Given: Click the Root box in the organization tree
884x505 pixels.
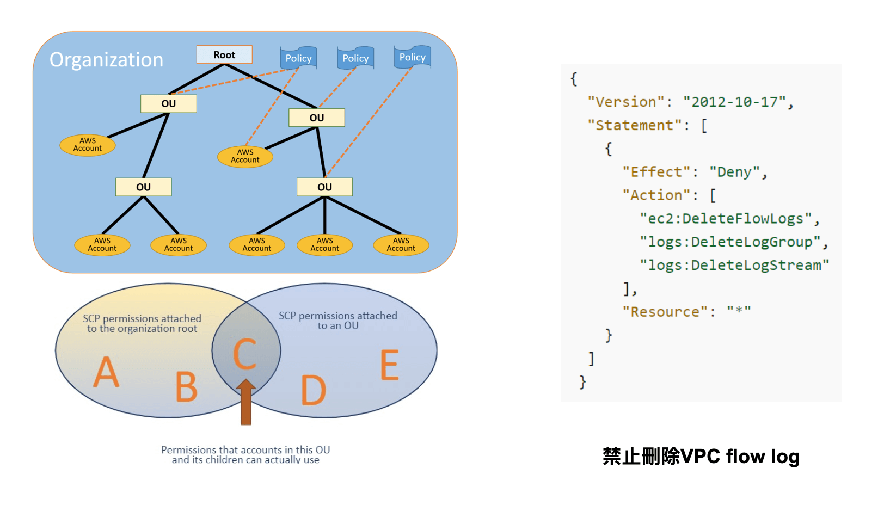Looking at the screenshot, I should (224, 54).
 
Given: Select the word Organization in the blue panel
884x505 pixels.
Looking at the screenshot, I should (106, 60).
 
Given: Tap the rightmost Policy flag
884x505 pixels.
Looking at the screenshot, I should (412, 57).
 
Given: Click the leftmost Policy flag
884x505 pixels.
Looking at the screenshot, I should (298, 58).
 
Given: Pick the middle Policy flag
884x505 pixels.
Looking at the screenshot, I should (355, 58).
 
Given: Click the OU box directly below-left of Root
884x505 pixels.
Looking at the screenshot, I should (168, 103).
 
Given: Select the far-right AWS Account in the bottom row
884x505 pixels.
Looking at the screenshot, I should (401, 244).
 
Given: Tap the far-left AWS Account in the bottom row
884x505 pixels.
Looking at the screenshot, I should (102, 244).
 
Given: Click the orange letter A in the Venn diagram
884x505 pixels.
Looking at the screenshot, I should (106, 373).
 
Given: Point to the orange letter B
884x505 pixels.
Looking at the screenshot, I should (186, 387).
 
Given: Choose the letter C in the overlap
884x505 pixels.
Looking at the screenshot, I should (245, 354).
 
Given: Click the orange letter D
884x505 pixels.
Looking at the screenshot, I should (314, 390).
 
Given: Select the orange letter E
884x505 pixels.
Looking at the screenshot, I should (389, 365).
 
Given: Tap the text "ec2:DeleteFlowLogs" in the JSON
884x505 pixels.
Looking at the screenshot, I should (729, 218).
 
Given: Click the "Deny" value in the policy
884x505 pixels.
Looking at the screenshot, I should (735, 172).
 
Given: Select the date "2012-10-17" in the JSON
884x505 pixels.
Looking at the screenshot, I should (734, 102).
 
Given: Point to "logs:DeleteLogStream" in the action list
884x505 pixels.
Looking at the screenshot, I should (734, 265).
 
